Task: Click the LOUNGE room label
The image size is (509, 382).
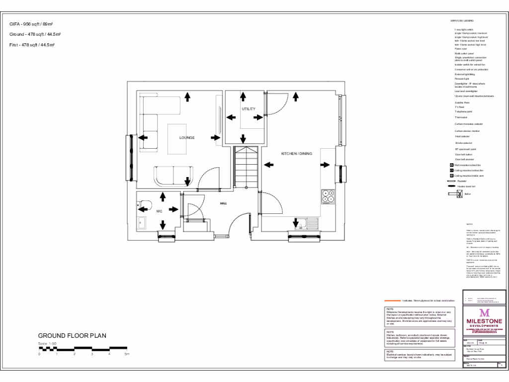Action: coord(187,138)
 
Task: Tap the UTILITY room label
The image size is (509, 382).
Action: coord(249,108)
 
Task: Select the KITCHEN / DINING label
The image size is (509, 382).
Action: coord(297,154)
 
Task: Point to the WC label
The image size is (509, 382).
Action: coord(160,211)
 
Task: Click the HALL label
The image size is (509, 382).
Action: coord(224,203)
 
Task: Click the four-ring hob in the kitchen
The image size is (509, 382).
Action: coord(328,197)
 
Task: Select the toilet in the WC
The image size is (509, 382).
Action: coord(145,204)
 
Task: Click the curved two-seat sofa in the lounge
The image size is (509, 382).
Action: coord(172,176)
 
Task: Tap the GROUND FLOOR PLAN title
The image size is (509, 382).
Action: coord(72,336)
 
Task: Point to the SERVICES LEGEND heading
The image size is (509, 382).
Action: coord(462,20)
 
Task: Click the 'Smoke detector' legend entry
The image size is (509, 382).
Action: coord(464,143)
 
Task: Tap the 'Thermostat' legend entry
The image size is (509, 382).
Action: coord(461,117)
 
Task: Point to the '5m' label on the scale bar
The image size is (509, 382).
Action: coord(127,354)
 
